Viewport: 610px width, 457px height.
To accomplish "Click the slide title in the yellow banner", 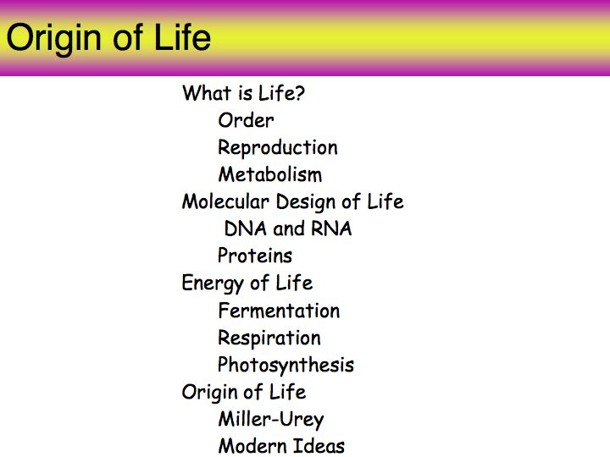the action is click(x=108, y=38).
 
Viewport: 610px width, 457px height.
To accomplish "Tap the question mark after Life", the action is click(x=299, y=93).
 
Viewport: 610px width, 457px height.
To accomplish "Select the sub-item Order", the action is click(x=246, y=120).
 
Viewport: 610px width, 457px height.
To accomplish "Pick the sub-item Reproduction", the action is click(x=278, y=148).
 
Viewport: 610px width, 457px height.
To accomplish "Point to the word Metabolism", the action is click(x=270, y=174).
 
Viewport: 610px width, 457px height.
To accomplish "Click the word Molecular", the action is click(x=225, y=201).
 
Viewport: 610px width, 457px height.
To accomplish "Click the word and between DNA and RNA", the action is click(x=289, y=228).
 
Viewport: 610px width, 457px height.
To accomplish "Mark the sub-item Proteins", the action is click(x=255, y=256).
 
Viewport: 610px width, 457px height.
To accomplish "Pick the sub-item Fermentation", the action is click(x=279, y=311).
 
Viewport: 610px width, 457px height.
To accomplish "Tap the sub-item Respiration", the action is click(x=269, y=338).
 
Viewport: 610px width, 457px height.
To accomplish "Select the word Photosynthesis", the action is click(x=286, y=366).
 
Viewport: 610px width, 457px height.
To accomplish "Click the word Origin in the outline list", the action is click(x=212, y=393).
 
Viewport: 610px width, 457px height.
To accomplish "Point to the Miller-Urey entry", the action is click(x=271, y=420).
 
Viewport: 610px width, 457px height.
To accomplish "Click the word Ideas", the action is click(x=319, y=446).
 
